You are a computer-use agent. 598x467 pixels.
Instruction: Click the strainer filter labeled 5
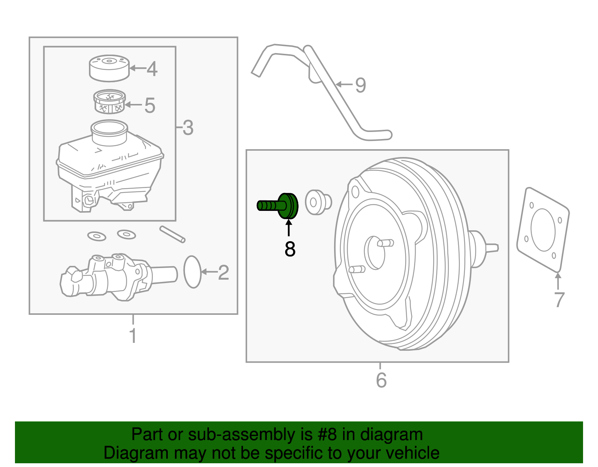pyautogui.click(x=109, y=101)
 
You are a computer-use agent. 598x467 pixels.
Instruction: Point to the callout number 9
pyautogui.click(x=360, y=85)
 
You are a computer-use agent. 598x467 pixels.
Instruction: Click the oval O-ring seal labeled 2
pyautogui.click(x=192, y=272)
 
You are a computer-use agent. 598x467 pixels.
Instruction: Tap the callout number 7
pyautogui.click(x=559, y=299)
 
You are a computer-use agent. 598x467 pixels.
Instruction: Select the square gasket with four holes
pyautogui.click(x=543, y=230)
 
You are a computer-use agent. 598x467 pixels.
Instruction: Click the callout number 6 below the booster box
pyautogui.click(x=381, y=380)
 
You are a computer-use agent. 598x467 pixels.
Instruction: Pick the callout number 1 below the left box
pyautogui.click(x=133, y=335)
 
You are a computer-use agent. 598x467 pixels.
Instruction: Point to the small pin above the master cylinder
pyautogui.click(x=172, y=234)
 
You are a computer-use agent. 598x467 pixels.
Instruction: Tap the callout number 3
pyautogui.click(x=188, y=128)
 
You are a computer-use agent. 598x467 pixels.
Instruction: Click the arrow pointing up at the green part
pyautogui.click(x=289, y=228)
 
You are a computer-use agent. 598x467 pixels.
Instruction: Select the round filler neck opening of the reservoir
pyautogui.click(x=109, y=128)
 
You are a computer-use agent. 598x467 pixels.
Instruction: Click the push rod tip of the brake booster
pyautogui.click(x=493, y=247)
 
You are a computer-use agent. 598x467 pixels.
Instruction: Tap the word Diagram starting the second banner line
pyautogui.click(x=125, y=453)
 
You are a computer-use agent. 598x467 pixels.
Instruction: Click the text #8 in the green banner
pyautogui.click(x=327, y=434)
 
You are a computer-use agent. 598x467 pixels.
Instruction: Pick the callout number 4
pyautogui.click(x=152, y=69)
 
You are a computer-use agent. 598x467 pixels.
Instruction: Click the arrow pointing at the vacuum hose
pyautogui.click(x=344, y=85)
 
